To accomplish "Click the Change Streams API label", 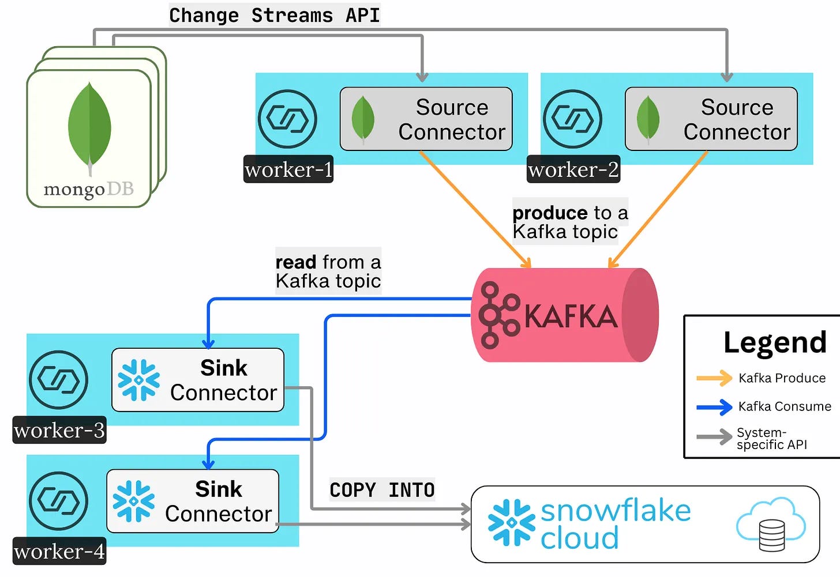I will coord(275,15).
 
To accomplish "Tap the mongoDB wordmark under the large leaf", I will coord(88,189).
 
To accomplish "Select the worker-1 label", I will coord(288,169).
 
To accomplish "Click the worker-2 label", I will coord(573,169).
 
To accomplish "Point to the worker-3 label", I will coord(59,430).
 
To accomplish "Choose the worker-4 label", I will coord(59,552).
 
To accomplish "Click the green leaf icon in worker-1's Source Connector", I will coord(363,119).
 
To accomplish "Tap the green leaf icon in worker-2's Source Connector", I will coord(648,119).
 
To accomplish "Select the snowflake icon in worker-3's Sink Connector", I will coord(138,380).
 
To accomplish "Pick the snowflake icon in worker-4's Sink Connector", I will coord(134,501).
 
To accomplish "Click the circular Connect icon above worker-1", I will coord(287,119).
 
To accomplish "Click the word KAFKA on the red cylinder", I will coord(571,316).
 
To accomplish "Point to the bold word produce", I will coord(550,213).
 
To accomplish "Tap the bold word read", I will coord(296,262).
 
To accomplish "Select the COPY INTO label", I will coord(382,490).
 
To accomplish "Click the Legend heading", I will coord(775,342).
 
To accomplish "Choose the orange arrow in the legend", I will coord(714,378).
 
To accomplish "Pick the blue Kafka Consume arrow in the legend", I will coord(714,407).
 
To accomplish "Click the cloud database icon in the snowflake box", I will coord(771,524).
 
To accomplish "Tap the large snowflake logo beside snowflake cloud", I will coord(511,523).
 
